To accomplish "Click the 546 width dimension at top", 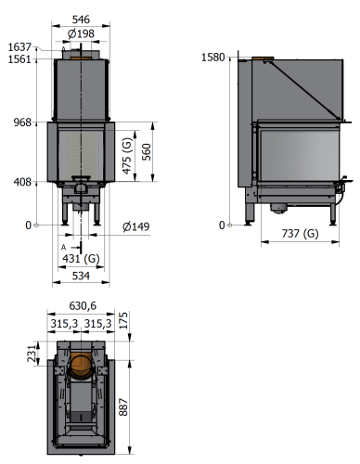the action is coord(81,19).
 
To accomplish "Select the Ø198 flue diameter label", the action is coord(81,33).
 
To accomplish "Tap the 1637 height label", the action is coord(19,47).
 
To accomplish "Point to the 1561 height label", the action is coord(19,58).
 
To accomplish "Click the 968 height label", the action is coord(22,122).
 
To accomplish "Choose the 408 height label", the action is coord(22,182).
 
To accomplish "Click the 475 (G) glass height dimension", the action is coord(127,156).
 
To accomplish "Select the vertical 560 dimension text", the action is coord(146,152).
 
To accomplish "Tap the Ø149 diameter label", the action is coord(136,226).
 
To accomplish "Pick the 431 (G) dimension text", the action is coord(81,258).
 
